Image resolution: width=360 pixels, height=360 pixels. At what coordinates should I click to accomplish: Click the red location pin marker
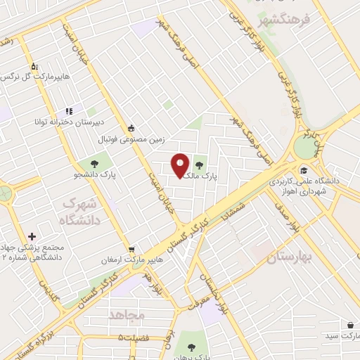click(x=181, y=165)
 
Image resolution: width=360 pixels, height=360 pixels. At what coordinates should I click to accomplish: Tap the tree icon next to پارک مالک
click(x=199, y=166)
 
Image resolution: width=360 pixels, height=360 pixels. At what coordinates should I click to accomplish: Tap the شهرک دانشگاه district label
click(x=83, y=210)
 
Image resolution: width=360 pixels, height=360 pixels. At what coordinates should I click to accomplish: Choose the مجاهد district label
click(x=126, y=315)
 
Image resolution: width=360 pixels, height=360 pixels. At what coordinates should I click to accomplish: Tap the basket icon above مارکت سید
click(x=349, y=326)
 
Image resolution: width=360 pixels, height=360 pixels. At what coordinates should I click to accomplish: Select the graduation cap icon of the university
click(x=303, y=169)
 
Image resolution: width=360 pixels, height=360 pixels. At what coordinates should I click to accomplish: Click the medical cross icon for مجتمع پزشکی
click(x=32, y=236)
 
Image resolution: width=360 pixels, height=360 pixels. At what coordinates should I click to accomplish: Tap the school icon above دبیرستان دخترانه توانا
click(x=69, y=111)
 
